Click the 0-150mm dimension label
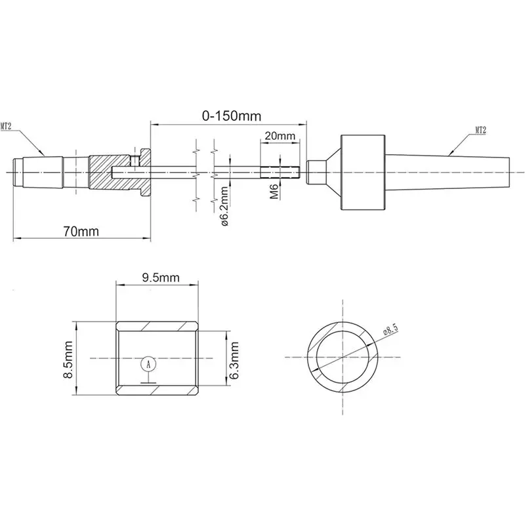pyautogui.click(x=232, y=116)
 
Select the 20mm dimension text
pyautogui.click(x=280, y=136)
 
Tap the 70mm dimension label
pyautogui.click(x=81, y=232)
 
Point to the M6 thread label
pyautogui.click(x=274, y=191)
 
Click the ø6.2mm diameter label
pyautogui.click(x=224, y=206)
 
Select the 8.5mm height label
pyautogui.click(x=68, y=360)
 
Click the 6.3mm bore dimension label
pyautogui.click(x=234, y=360)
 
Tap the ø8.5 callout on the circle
pyautogui.click(x=390, y=329)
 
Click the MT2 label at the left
pyautogui.click(x=6, y=127)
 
